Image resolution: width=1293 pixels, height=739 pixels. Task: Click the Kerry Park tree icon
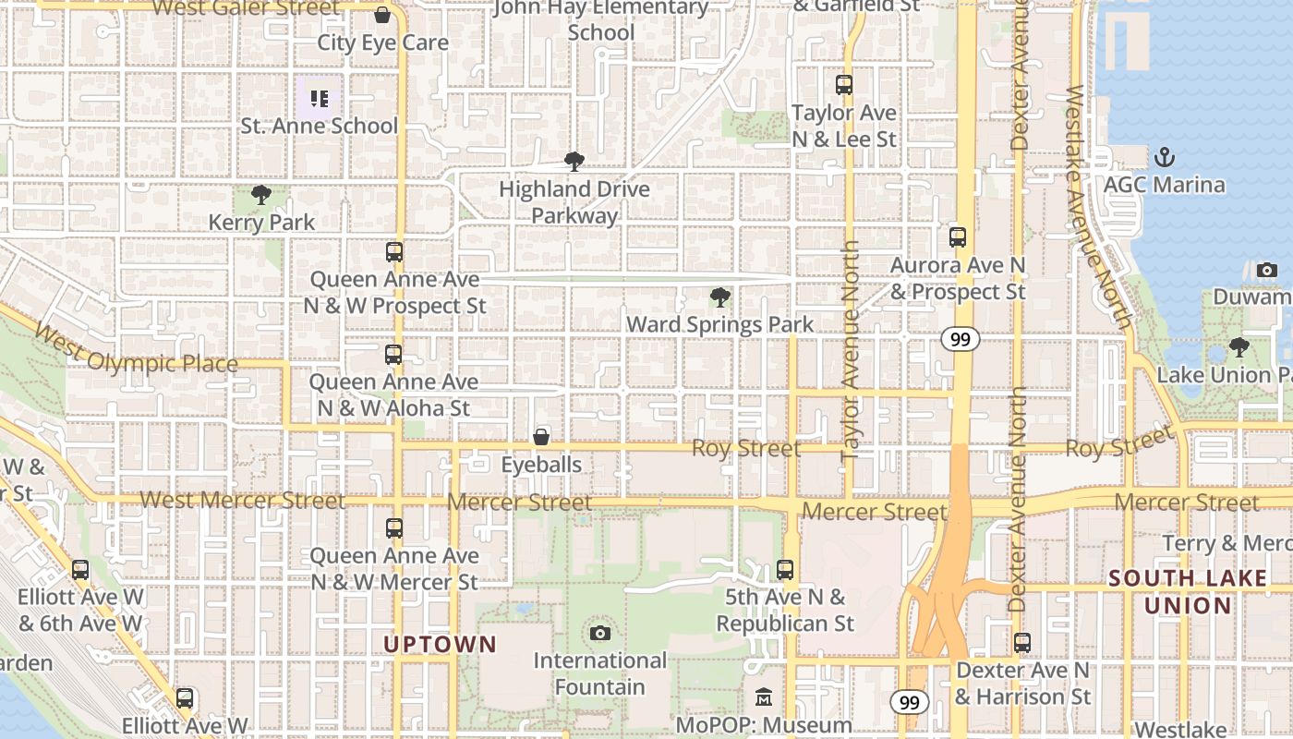261,195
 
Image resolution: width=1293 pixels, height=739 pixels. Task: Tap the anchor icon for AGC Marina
1164,157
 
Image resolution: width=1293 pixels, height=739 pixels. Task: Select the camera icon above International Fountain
600,633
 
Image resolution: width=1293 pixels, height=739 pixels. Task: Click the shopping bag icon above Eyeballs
541,437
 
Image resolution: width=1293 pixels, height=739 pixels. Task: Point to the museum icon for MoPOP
764,697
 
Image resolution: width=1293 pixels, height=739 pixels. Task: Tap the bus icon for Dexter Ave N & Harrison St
1022,643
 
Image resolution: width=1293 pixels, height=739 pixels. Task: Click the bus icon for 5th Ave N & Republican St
785,570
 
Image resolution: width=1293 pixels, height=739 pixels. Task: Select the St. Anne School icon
319,98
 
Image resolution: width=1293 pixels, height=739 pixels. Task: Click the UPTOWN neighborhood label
440,645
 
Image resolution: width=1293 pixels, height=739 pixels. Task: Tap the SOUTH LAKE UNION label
1188,592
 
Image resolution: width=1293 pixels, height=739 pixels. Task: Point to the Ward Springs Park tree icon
719,297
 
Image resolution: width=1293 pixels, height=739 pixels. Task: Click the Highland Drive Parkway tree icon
574,162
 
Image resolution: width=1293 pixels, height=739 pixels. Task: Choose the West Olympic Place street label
136,350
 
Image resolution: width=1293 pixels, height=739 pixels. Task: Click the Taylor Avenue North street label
851,351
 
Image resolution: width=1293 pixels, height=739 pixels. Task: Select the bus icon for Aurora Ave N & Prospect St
958,237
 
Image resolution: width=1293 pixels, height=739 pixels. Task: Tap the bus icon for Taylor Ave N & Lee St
844,86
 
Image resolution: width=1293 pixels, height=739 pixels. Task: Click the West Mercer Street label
242,501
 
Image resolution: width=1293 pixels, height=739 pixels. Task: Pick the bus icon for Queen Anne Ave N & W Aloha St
393,355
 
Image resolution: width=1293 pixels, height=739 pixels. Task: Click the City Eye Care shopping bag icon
382,16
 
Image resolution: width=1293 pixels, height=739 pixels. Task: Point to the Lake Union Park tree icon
1239,348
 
